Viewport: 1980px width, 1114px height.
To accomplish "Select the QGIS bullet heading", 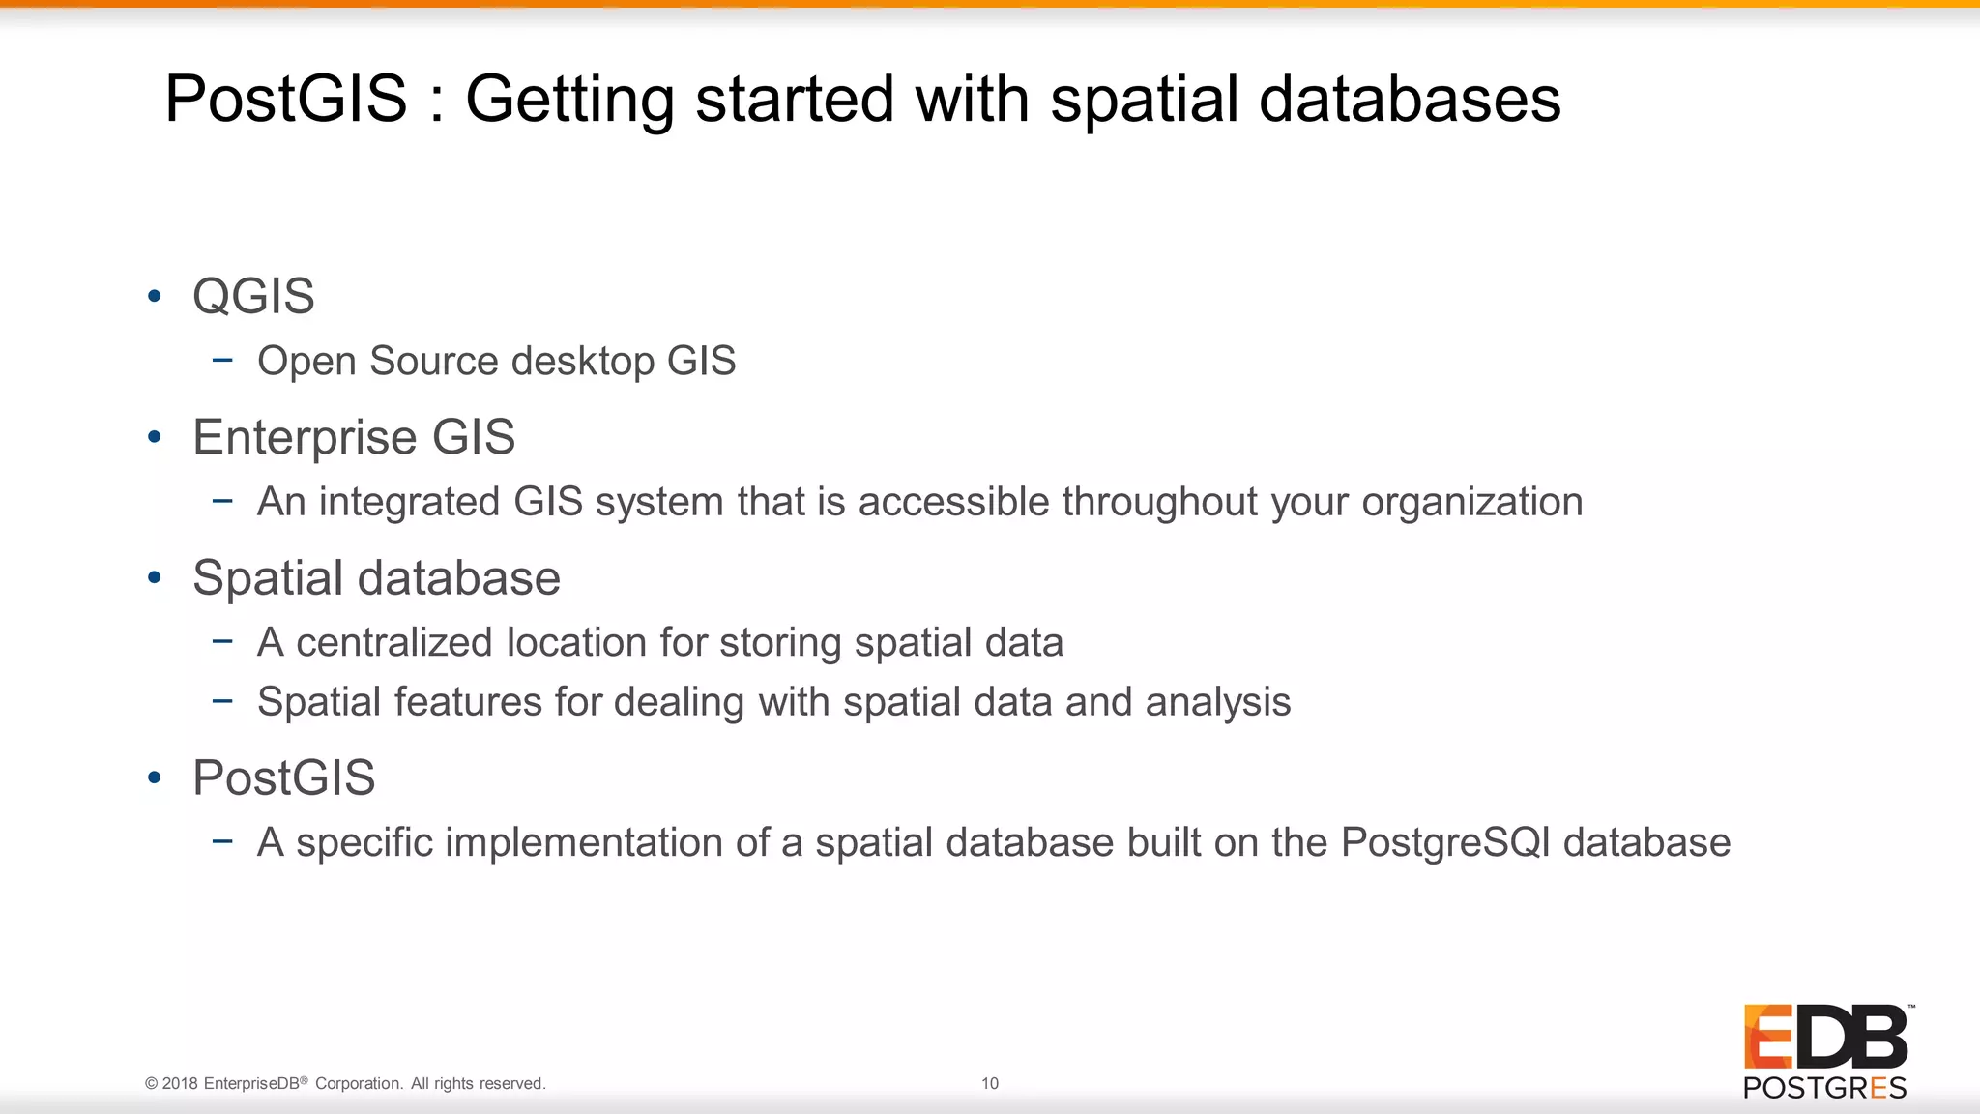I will click(253, 296).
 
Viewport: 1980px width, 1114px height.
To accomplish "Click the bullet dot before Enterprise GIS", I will click(155, 437).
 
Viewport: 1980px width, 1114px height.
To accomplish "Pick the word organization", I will click(1472, 503).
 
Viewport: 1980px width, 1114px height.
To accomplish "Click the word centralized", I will click(394, 643).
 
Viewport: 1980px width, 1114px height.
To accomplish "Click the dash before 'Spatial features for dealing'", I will click(222, 701).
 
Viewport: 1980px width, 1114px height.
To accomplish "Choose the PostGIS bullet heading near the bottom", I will click(284, 777).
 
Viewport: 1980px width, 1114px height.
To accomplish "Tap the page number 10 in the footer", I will click(990, 1083).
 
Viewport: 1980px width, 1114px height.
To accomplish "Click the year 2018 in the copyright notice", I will click(180, 1084).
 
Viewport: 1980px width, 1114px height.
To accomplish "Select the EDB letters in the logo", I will click(1825, 1037).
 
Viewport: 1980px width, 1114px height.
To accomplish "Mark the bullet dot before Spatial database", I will click(155, 578).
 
